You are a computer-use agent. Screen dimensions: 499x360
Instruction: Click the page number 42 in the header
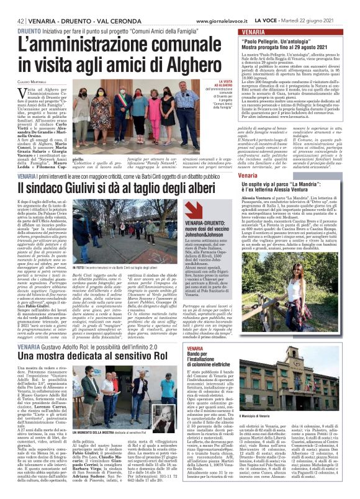[x=12, y=20]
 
